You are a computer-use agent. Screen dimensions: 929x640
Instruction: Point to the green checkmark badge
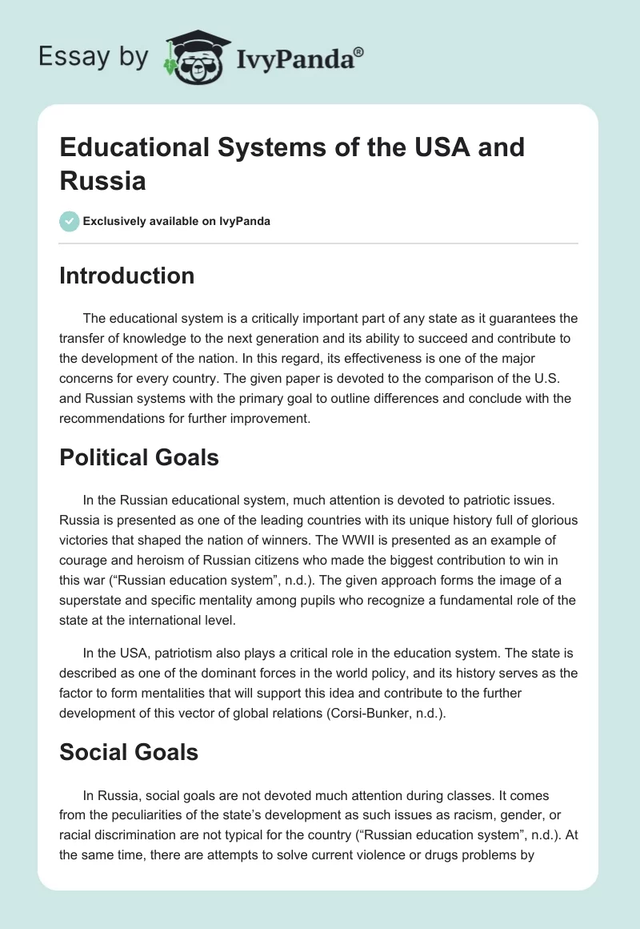tap(69, 221)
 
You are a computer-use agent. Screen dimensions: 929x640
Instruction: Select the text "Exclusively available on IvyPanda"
tap(177, 221)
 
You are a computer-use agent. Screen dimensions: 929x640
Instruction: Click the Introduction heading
tap(127, 275)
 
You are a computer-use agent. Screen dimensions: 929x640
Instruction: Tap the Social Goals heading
tap(129, 753)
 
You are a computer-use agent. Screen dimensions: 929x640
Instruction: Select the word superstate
tap(95, 577)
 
